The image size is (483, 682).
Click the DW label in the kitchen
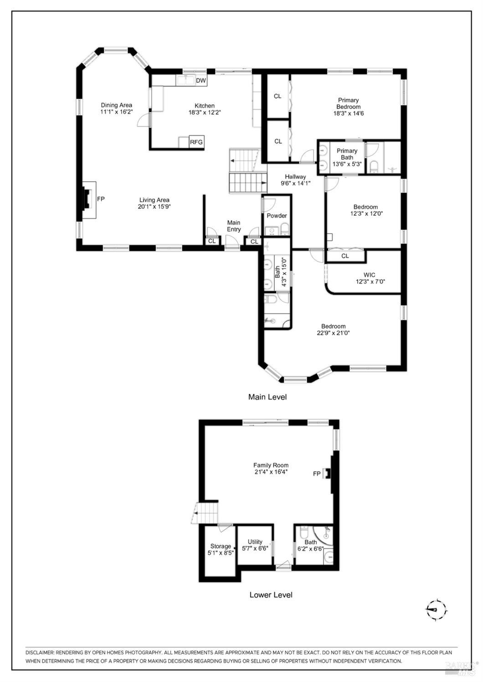[x=201, y=81]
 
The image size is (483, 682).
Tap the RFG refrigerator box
[x=196, y=142]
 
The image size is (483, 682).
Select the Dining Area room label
[x=116, y=105]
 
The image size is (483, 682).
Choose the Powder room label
[x=277, y=216]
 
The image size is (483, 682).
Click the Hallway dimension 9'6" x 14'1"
[x=295, y=183]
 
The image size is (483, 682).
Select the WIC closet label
[x=369, y=275]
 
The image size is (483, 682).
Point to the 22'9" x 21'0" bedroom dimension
[x=333, y=333]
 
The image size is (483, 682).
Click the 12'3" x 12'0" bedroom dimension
[x=366, y=213]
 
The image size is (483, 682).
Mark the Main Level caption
[x=267, y=397]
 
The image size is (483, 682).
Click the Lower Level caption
[x=271, y=595]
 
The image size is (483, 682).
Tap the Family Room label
[x=271, y=465]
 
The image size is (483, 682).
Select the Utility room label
[x=255, y=542]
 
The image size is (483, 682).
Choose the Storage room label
[x=221, y=546]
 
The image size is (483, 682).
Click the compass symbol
[x=436, y=608]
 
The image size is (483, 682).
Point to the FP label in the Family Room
[x=317, y=474]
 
